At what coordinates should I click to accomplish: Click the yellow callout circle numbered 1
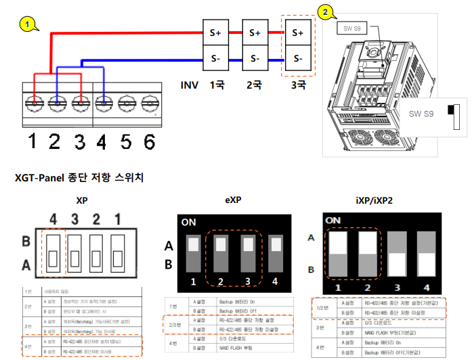coord(27,24)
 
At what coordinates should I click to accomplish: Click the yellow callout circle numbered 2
coord(326,12)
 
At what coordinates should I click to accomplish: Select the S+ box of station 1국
coord(216,32)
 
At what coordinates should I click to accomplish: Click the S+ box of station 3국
coord(297,32)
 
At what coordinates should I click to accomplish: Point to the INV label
coord(190,86)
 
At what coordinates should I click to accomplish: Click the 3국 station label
coord(298,86)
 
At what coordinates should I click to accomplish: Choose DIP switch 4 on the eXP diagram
coord(274,254)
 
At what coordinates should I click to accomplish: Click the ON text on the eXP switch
coord(190,221)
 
